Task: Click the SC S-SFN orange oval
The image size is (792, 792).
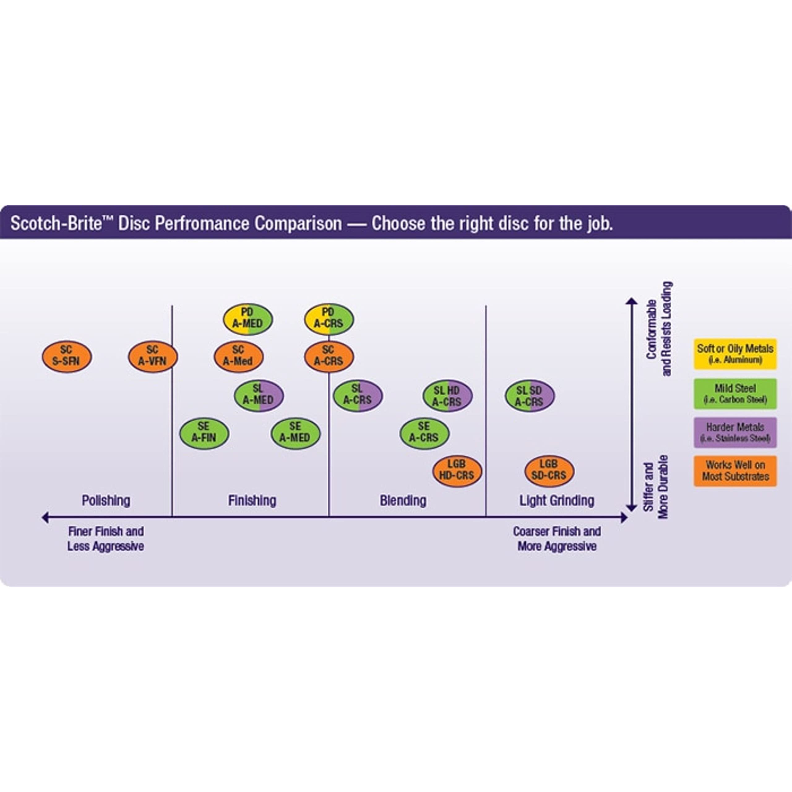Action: pos(67,356)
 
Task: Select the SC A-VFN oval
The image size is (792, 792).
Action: pos(153,356)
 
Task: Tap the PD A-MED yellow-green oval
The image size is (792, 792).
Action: pos(247,319)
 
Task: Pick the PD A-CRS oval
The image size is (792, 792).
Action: pos(329,319)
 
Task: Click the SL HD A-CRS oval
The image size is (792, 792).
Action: pos(447,396)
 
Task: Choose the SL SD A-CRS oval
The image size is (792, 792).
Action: pos(529,396)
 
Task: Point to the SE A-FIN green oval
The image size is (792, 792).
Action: pos(204,433)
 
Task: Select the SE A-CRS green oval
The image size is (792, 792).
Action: pos(424,433)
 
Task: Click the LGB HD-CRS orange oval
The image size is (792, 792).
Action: pos(457,471)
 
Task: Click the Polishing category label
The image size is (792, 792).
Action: pos(106,501)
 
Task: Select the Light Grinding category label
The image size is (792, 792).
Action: pos(557,501)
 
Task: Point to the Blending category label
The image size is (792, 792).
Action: pos(403,501)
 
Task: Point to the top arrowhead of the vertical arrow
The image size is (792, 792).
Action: pos(631,301)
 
